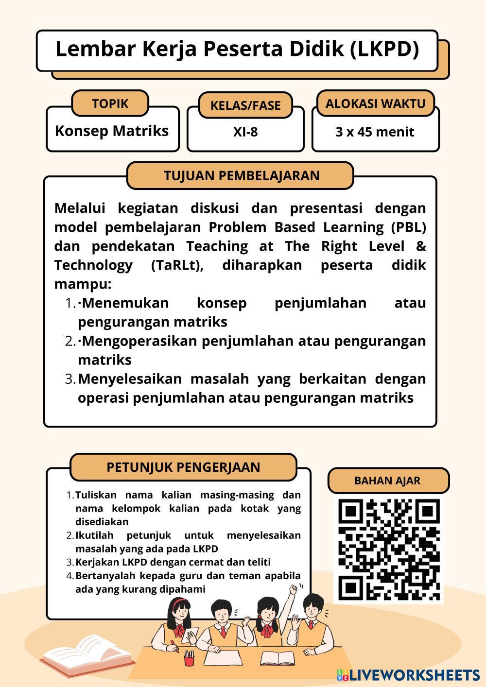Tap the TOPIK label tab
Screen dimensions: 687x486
pyautogui.click(x=110, y=103)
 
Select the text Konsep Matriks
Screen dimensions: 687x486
pyautogui.click(x=112, y=131)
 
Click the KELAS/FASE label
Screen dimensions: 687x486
pyautogui.click(x=245, y=105)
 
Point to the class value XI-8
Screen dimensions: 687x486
pyautogui.click(x=245, y=132)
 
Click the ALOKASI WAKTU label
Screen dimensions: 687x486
pyautogui.click(x=375, y=103)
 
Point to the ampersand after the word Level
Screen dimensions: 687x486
pyautogui.click(x=421, y=246)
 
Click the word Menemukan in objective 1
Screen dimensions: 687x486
pyautogui.click(x=125, y=303)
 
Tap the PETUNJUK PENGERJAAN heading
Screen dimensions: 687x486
pyautogui.click(x=183, y=467)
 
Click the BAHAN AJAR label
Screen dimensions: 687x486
pyautogui.click(x=387, y=481)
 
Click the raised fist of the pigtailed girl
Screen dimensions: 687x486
pyautogui.click(x=294, y=589)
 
